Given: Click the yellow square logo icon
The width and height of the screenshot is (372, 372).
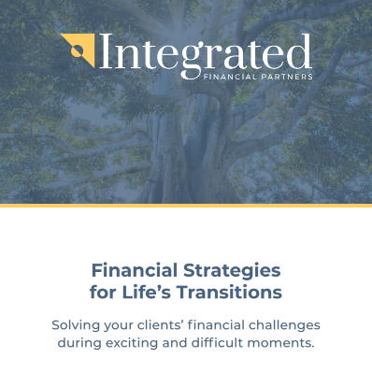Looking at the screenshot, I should [76, 47].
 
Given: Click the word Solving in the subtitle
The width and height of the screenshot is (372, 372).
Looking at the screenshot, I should [78, 325].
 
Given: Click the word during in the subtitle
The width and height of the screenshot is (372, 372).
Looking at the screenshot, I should [79, 343].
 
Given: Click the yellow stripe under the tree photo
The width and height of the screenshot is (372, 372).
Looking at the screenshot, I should [186, 205].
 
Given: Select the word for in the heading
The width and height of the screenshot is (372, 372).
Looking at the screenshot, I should [104, 293].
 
